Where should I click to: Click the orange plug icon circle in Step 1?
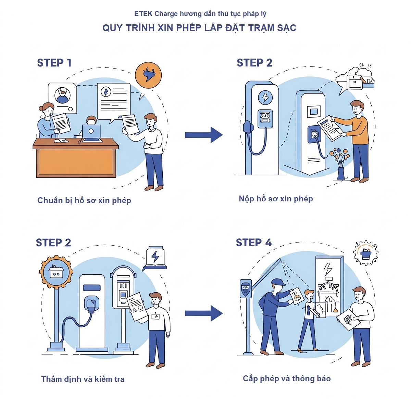(148, 75)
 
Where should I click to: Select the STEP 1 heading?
(54, 63)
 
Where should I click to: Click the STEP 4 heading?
(253, 243)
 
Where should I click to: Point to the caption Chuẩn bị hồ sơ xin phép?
(84, 200)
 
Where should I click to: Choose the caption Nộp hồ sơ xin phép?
(276, 199)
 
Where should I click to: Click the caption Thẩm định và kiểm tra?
(83, 379)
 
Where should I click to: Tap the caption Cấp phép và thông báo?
(287, 378)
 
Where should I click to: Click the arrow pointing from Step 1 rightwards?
(204, 135)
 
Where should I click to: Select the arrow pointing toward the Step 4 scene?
(204, 313)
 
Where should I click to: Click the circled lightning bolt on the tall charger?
(265, 97)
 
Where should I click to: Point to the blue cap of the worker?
(278, 282)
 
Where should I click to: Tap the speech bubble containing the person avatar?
(62, 98)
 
